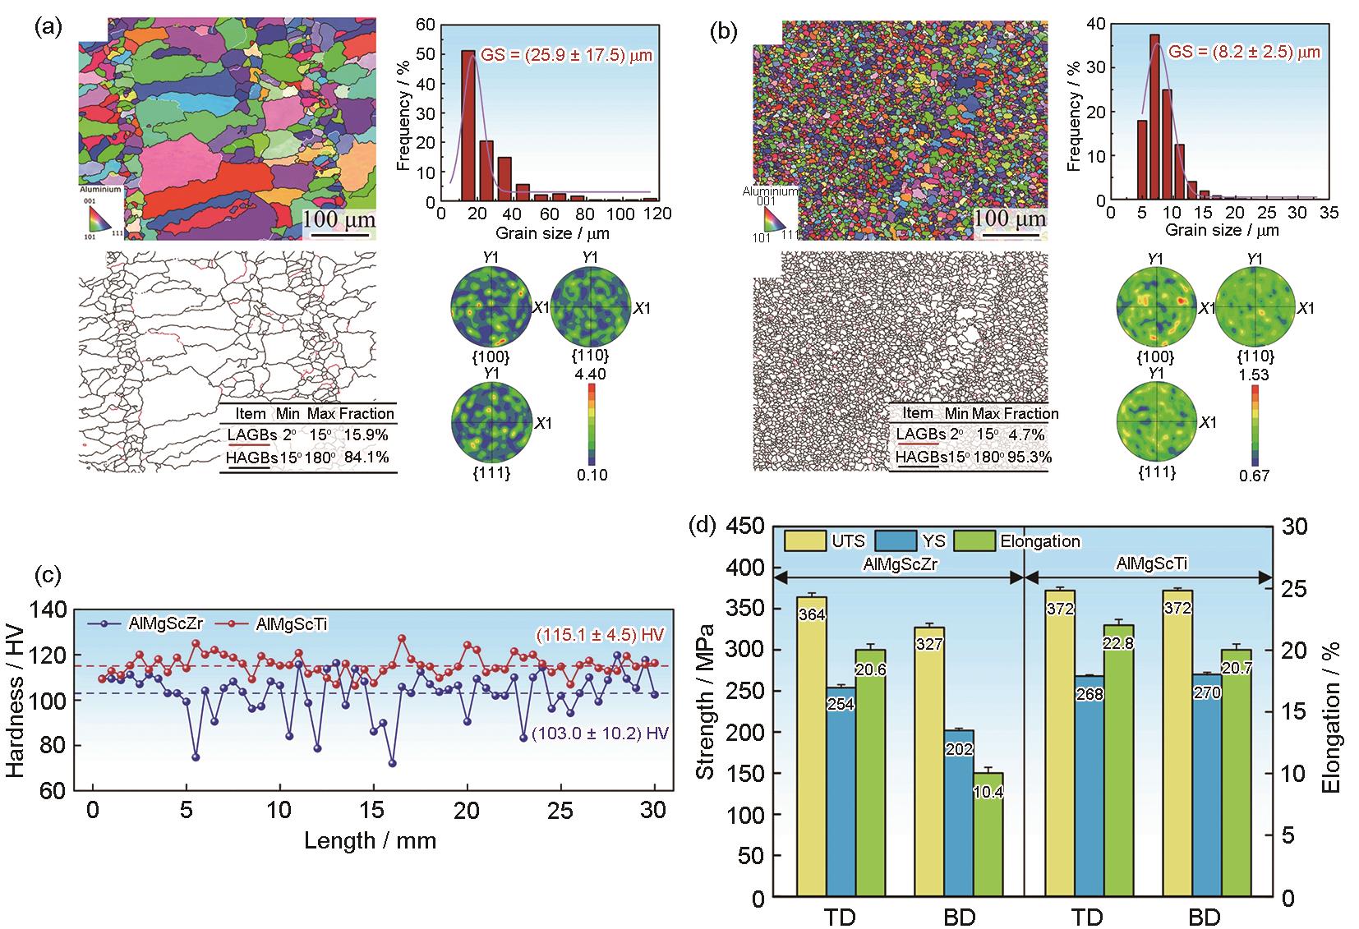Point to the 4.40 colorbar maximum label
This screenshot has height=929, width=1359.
click(x=592, y=373)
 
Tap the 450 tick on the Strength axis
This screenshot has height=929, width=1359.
click(x=745, y=527)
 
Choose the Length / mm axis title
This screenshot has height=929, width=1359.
click(x=370, y=840)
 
